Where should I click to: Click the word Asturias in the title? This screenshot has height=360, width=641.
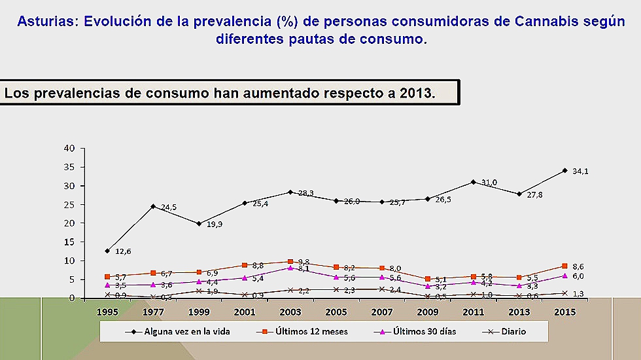45,21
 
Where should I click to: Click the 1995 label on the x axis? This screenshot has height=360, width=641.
108,312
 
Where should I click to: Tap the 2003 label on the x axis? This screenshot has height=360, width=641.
290,312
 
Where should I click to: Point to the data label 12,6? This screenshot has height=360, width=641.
124,251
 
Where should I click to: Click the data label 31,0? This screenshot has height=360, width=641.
489,183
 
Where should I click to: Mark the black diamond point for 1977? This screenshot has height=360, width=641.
153,206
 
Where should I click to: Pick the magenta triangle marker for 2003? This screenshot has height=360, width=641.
290,268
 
